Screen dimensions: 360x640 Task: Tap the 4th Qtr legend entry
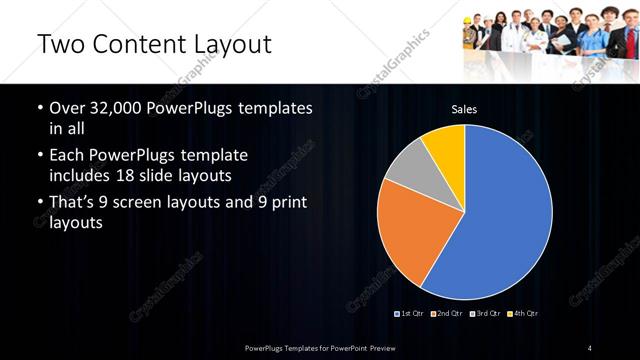[524, 313]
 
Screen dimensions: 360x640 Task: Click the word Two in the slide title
[57, 45]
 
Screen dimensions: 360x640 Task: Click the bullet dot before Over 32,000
[38, 109]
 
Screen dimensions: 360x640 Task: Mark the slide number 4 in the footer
[589, 347]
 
